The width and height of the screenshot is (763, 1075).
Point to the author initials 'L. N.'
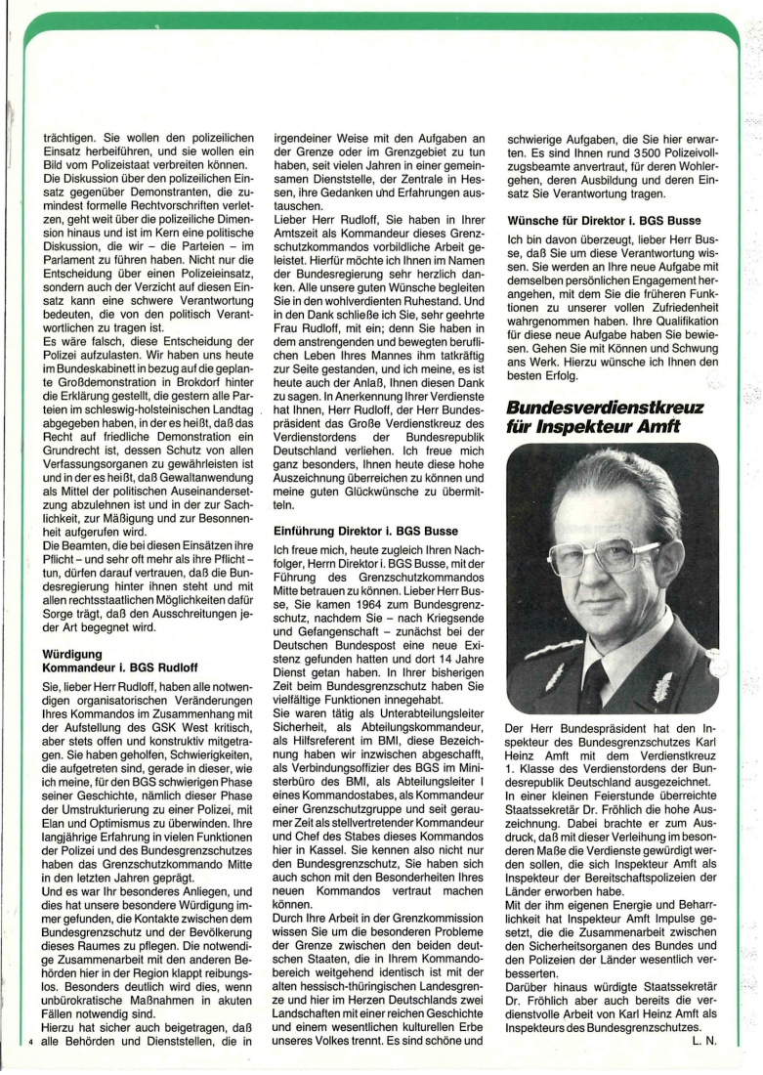(702, 1039)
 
